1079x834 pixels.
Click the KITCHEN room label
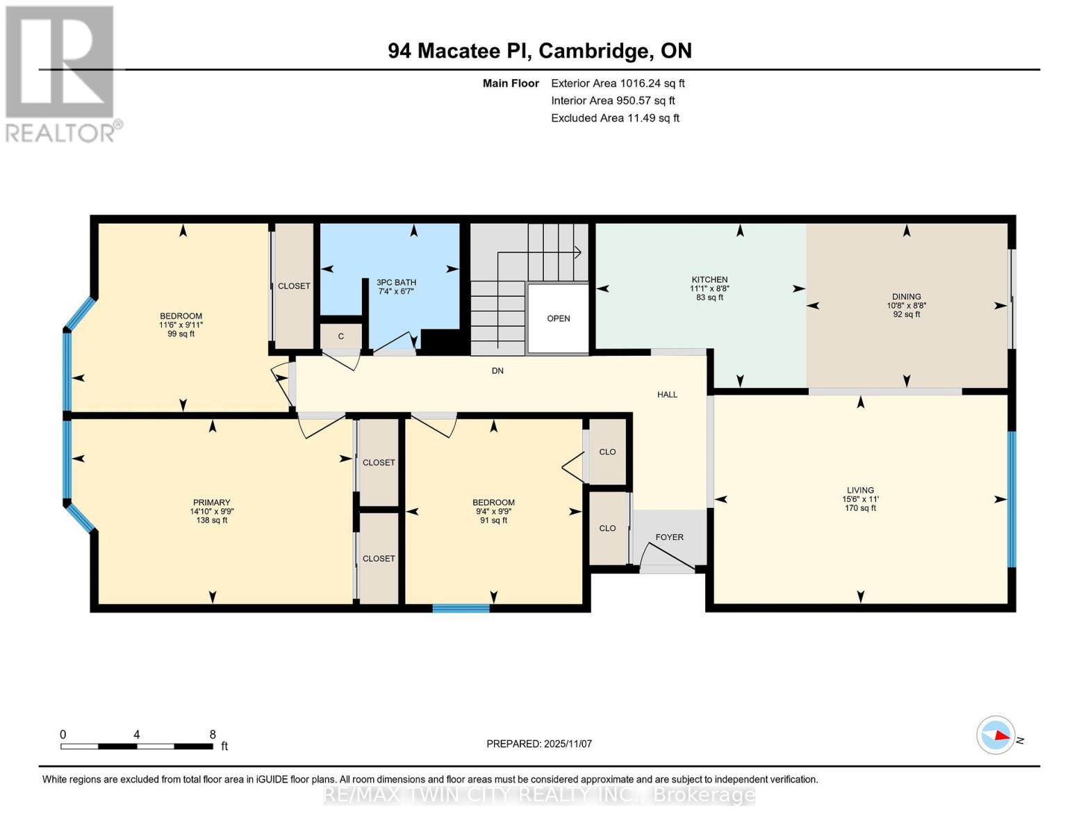[709, 279]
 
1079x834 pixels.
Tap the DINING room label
[906, 297]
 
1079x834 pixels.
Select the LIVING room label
[859, 490]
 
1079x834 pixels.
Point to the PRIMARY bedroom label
[211, 502]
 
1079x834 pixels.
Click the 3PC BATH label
[396, 282]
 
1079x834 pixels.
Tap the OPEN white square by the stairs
[558, 318]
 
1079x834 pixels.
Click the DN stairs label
[497, 371]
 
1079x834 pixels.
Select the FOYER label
[669, 537]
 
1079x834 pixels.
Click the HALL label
[667, 395]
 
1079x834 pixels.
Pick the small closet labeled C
[340, 336]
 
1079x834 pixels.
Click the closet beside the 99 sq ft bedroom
[294, 286]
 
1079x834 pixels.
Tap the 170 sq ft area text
[859, 508]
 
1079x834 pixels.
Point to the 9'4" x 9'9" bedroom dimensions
[493, 512]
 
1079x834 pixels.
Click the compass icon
[996, 735]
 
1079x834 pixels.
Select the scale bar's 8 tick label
[213, 734]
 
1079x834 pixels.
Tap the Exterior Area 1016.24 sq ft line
[618, 83]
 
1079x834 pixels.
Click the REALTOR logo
[61, 74]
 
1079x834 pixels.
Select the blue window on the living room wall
[1012, 498]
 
